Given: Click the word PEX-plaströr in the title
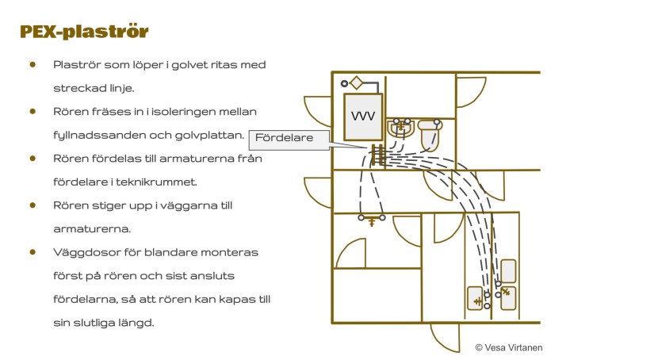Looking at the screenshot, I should point(85,33).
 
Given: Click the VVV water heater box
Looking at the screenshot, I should point(363,117).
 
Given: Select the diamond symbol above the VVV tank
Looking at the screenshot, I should point(358,82).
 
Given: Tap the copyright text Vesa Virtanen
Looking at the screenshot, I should point(508,347).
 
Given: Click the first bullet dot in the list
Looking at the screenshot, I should point(33,64).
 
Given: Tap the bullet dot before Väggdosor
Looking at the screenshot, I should point(33,252).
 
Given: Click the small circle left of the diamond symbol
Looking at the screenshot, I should point(344,82).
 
